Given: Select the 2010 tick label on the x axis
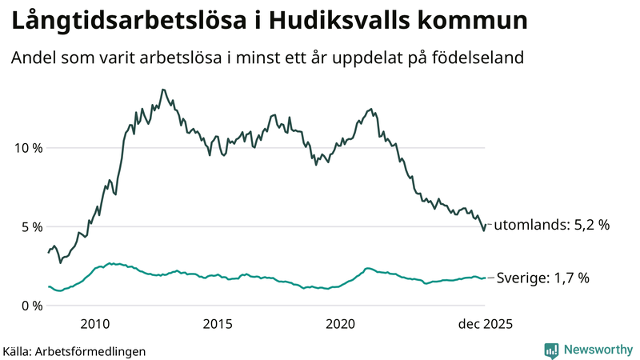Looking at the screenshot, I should pos(94,324).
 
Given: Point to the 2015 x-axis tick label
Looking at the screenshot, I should pos(218,324).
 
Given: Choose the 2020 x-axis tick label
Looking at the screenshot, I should pos(341,324).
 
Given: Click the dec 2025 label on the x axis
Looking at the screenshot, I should pos(485,324).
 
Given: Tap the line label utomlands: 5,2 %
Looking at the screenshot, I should pos(551,226).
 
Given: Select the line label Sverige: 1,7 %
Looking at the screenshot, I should pos(542,278).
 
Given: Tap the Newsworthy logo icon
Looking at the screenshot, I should pos(551,350).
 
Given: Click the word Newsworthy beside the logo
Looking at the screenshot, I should pos(598,350).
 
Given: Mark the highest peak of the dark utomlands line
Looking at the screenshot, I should pos(163,90).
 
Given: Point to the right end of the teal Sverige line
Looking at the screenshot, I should pos(485,278).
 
